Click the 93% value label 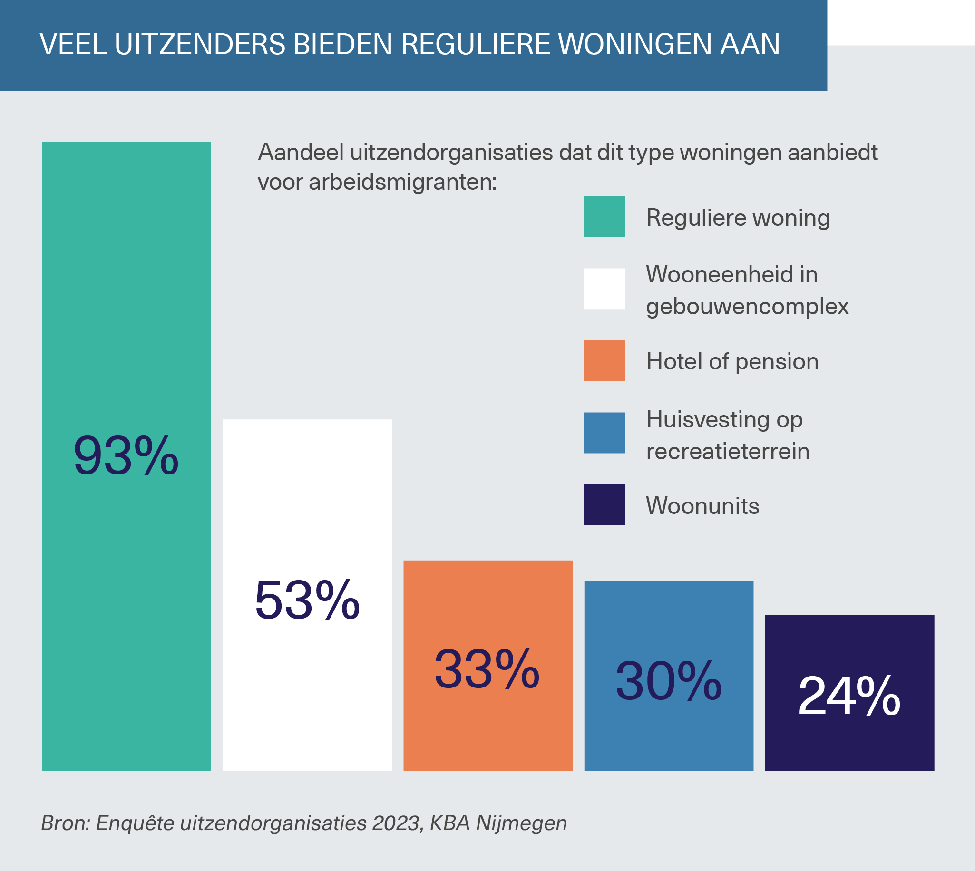click(126, 455)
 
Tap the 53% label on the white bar click(307, 600)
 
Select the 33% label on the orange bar click(487, 669)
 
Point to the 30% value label click(668, 681)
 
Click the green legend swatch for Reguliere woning click(604, 217)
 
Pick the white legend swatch click(604, 289)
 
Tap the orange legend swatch click(604, 361)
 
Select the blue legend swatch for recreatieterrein click(604, 433)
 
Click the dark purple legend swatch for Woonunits click(604, 505)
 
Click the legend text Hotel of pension click(732, 361)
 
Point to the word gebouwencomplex click(747, 307)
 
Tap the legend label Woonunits click(702, 506)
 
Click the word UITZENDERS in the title click(200, 45)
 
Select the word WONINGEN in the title click(634, 45)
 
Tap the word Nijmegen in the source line click(521, 823)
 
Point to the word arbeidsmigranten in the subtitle click(402, 183)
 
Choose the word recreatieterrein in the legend click(728, 452)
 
